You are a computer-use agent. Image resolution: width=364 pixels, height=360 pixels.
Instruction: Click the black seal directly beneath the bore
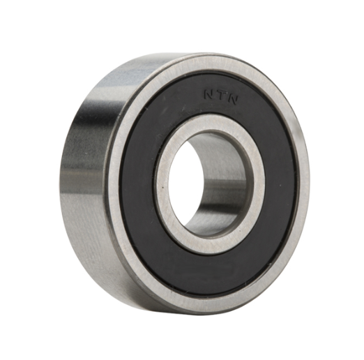click(x=209, y=269)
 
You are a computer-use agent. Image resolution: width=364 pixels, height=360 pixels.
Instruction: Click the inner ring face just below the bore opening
click(x=202, y=244)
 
